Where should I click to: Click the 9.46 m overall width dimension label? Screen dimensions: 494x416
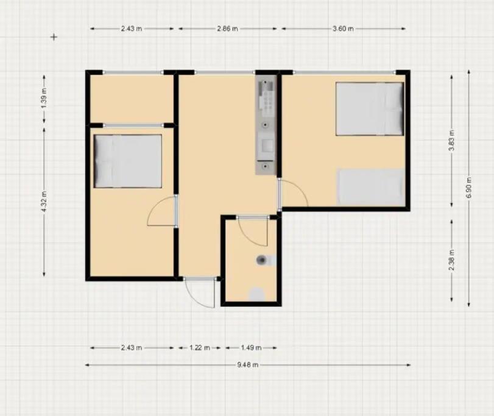[x=248, y=365]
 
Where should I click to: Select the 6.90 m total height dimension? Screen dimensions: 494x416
[x=469, y=188]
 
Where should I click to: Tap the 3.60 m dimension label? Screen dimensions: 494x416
[x=343, y=29]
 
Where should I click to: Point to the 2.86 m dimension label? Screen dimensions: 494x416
[x=227, y=29]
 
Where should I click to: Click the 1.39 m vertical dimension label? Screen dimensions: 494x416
[x=44, y=98]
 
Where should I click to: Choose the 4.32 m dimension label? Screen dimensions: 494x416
[x=44, y=202]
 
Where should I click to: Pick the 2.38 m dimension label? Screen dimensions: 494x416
[x=452, y=260]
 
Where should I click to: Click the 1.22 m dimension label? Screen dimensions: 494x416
[x=199, y=348]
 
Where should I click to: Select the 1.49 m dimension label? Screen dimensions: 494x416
[x=251, y=348]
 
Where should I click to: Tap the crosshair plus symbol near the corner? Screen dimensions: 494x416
[x=54, y=37]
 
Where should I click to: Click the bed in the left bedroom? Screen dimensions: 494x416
[x=128, y=161]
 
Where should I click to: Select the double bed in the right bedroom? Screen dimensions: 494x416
[x=370, y=109]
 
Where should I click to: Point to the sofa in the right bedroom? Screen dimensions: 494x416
[x=371, y=188]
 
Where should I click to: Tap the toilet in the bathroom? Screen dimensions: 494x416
[x=257, y=294]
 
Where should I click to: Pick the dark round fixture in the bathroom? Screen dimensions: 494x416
[x=261, y=260]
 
